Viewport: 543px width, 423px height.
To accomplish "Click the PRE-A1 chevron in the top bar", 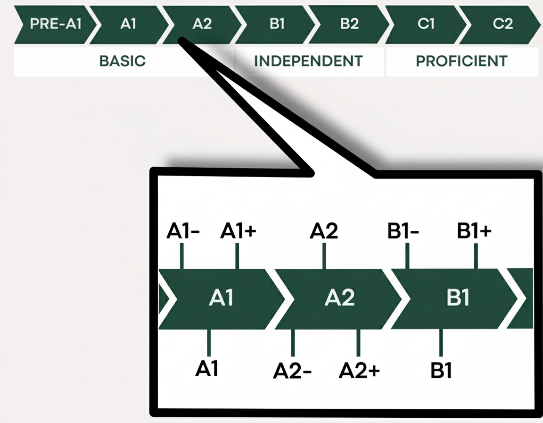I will [x=49, y=24].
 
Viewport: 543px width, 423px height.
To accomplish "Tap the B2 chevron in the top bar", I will [x=349, y=24].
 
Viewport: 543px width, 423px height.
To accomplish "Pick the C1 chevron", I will [x=426, y=24].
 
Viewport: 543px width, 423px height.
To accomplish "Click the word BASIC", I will [x=123, y=61].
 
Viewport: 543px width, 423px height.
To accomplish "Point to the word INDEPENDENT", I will [x=308, y=61].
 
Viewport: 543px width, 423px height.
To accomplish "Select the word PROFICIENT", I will [x=461, y=61].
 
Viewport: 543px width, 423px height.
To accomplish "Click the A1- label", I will [x=183, y=232].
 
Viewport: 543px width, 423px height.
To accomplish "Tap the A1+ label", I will [x=239, y=232].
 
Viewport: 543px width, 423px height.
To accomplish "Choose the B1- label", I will [x=403, y=232].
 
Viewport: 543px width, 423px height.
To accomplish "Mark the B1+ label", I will [x=474, y=232].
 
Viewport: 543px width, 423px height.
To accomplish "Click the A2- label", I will [x=292, y=372].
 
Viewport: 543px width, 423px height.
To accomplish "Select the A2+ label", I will [x=359, y=371].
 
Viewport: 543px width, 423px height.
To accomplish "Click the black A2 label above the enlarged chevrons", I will [x=324, y=232].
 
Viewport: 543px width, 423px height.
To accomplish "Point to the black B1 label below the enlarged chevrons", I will [x=441, y=371].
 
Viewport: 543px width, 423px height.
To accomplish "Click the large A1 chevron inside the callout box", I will [x=222, y=298].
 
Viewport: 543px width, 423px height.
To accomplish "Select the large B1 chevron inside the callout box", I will [x=457, y=298].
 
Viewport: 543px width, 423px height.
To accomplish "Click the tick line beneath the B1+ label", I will [x=476, y=256].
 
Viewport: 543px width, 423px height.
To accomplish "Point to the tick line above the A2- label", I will [x=293, y=343].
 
